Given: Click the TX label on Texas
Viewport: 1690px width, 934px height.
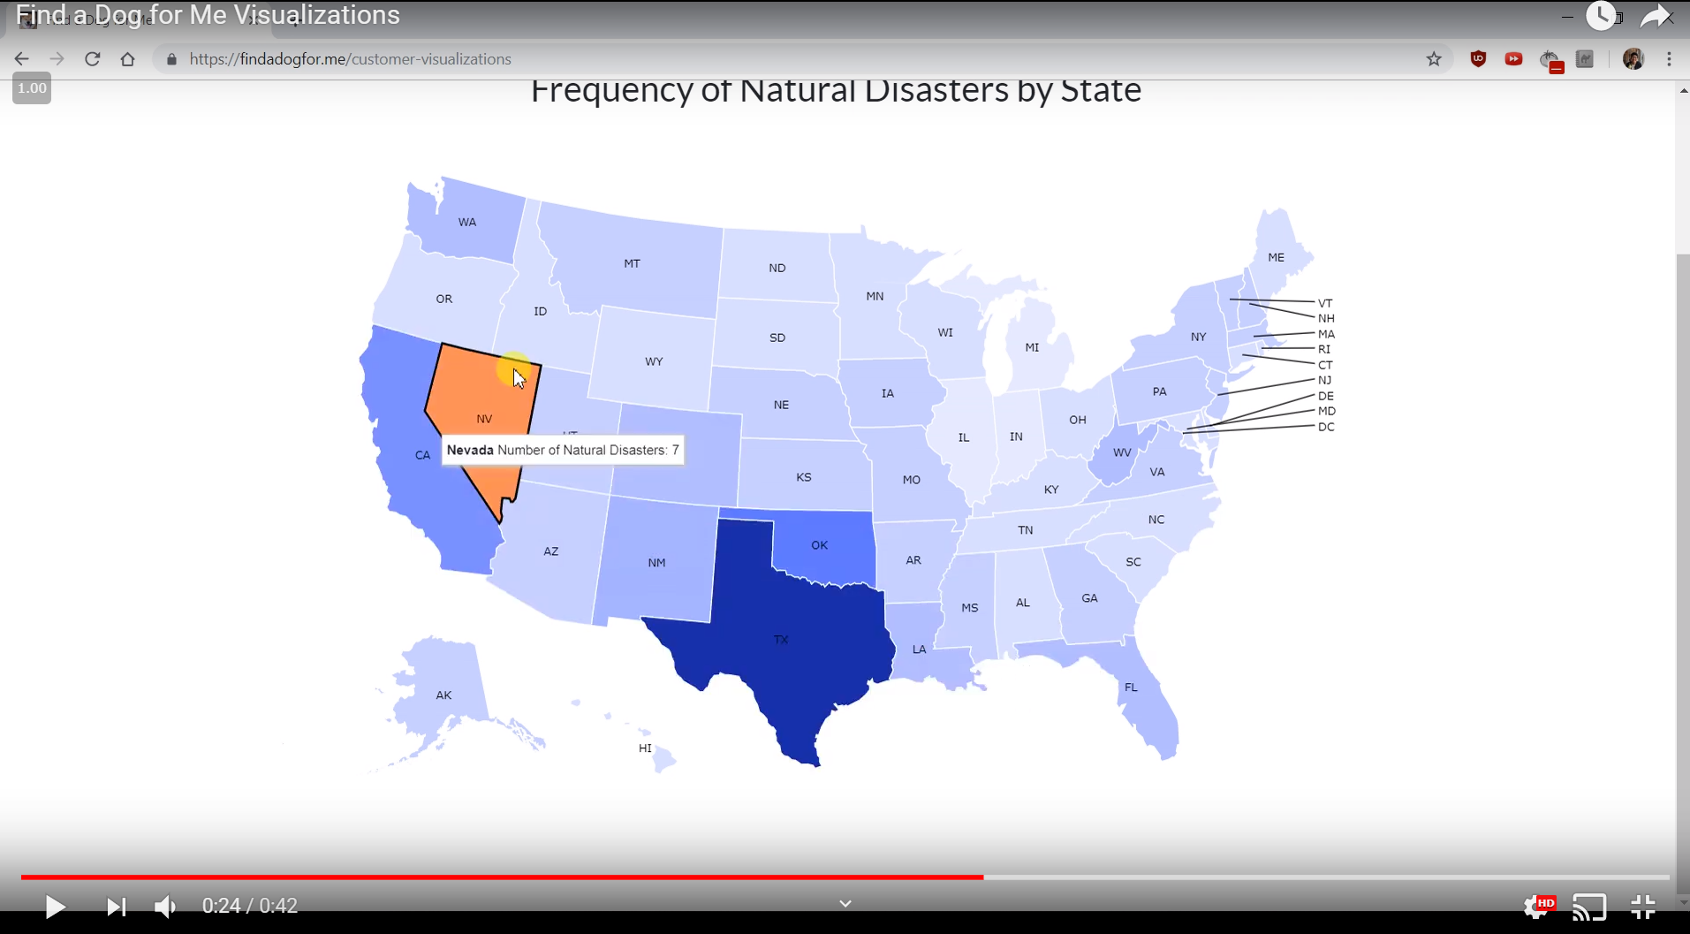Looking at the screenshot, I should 781,640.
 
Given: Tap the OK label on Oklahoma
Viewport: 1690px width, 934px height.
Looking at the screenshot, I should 820,545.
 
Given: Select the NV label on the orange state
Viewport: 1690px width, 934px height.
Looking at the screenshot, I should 484,419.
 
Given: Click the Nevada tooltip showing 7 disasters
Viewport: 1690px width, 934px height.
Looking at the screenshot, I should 563,451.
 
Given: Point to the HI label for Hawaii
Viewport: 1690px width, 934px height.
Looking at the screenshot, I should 645,748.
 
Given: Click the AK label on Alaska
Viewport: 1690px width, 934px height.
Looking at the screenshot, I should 443,695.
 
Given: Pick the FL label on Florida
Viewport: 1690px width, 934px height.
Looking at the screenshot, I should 1131,687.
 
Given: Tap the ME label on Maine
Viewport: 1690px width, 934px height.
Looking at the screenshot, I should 1276,258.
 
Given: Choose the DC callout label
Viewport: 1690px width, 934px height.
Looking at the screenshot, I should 1326,427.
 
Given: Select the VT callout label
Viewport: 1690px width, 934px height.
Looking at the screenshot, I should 1325,303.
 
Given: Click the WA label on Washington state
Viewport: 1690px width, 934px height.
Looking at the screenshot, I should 467,223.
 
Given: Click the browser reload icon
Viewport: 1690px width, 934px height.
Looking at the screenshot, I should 92,59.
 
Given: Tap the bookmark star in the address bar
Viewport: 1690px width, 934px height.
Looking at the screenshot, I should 1434,59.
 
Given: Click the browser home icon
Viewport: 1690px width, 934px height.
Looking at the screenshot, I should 128,59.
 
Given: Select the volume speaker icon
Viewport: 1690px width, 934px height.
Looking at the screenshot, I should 165,907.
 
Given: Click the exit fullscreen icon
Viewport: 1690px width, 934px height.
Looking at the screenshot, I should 1643,907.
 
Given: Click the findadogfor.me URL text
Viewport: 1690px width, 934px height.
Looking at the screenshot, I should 350,59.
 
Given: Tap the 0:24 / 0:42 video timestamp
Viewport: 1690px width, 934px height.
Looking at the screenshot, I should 250,907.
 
